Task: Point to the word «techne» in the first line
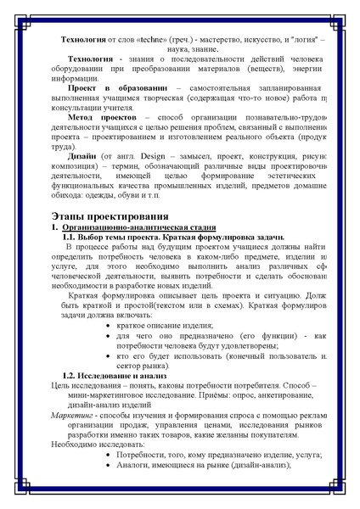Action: pyautogui.click(x=162, y=40)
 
